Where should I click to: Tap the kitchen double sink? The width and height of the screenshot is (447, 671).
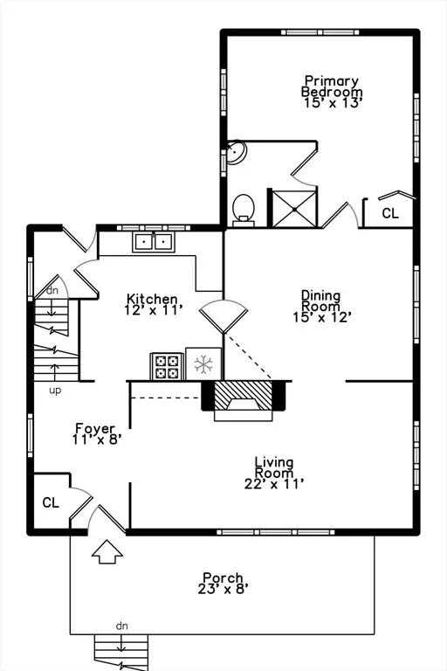point(153,242)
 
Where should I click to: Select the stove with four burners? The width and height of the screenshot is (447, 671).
point(167,366)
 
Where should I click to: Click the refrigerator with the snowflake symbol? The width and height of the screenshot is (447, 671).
point(203,363)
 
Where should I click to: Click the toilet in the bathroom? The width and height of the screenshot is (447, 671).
point(244,210)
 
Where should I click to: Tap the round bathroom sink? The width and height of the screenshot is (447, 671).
point(236,152)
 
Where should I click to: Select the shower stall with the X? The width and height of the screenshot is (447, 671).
point(295,209)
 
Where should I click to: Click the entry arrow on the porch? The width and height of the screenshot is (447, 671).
point(107,551)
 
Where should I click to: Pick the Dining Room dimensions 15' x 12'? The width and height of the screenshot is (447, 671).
point(322,317)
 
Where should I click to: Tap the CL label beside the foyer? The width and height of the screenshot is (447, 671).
point(51,502)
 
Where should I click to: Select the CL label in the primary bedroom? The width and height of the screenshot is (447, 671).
point(389,212)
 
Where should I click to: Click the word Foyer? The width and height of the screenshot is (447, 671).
point(95,428)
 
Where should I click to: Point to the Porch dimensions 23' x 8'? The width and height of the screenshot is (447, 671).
point(223,589)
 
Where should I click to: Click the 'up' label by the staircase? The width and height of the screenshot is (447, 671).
point(55,391)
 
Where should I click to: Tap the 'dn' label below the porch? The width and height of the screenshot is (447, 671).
point(122,626)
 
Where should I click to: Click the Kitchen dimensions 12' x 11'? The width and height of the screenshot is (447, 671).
point(154,309)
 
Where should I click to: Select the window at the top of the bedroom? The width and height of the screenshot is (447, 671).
point(320,32)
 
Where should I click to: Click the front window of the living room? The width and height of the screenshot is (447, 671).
point(276,532)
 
